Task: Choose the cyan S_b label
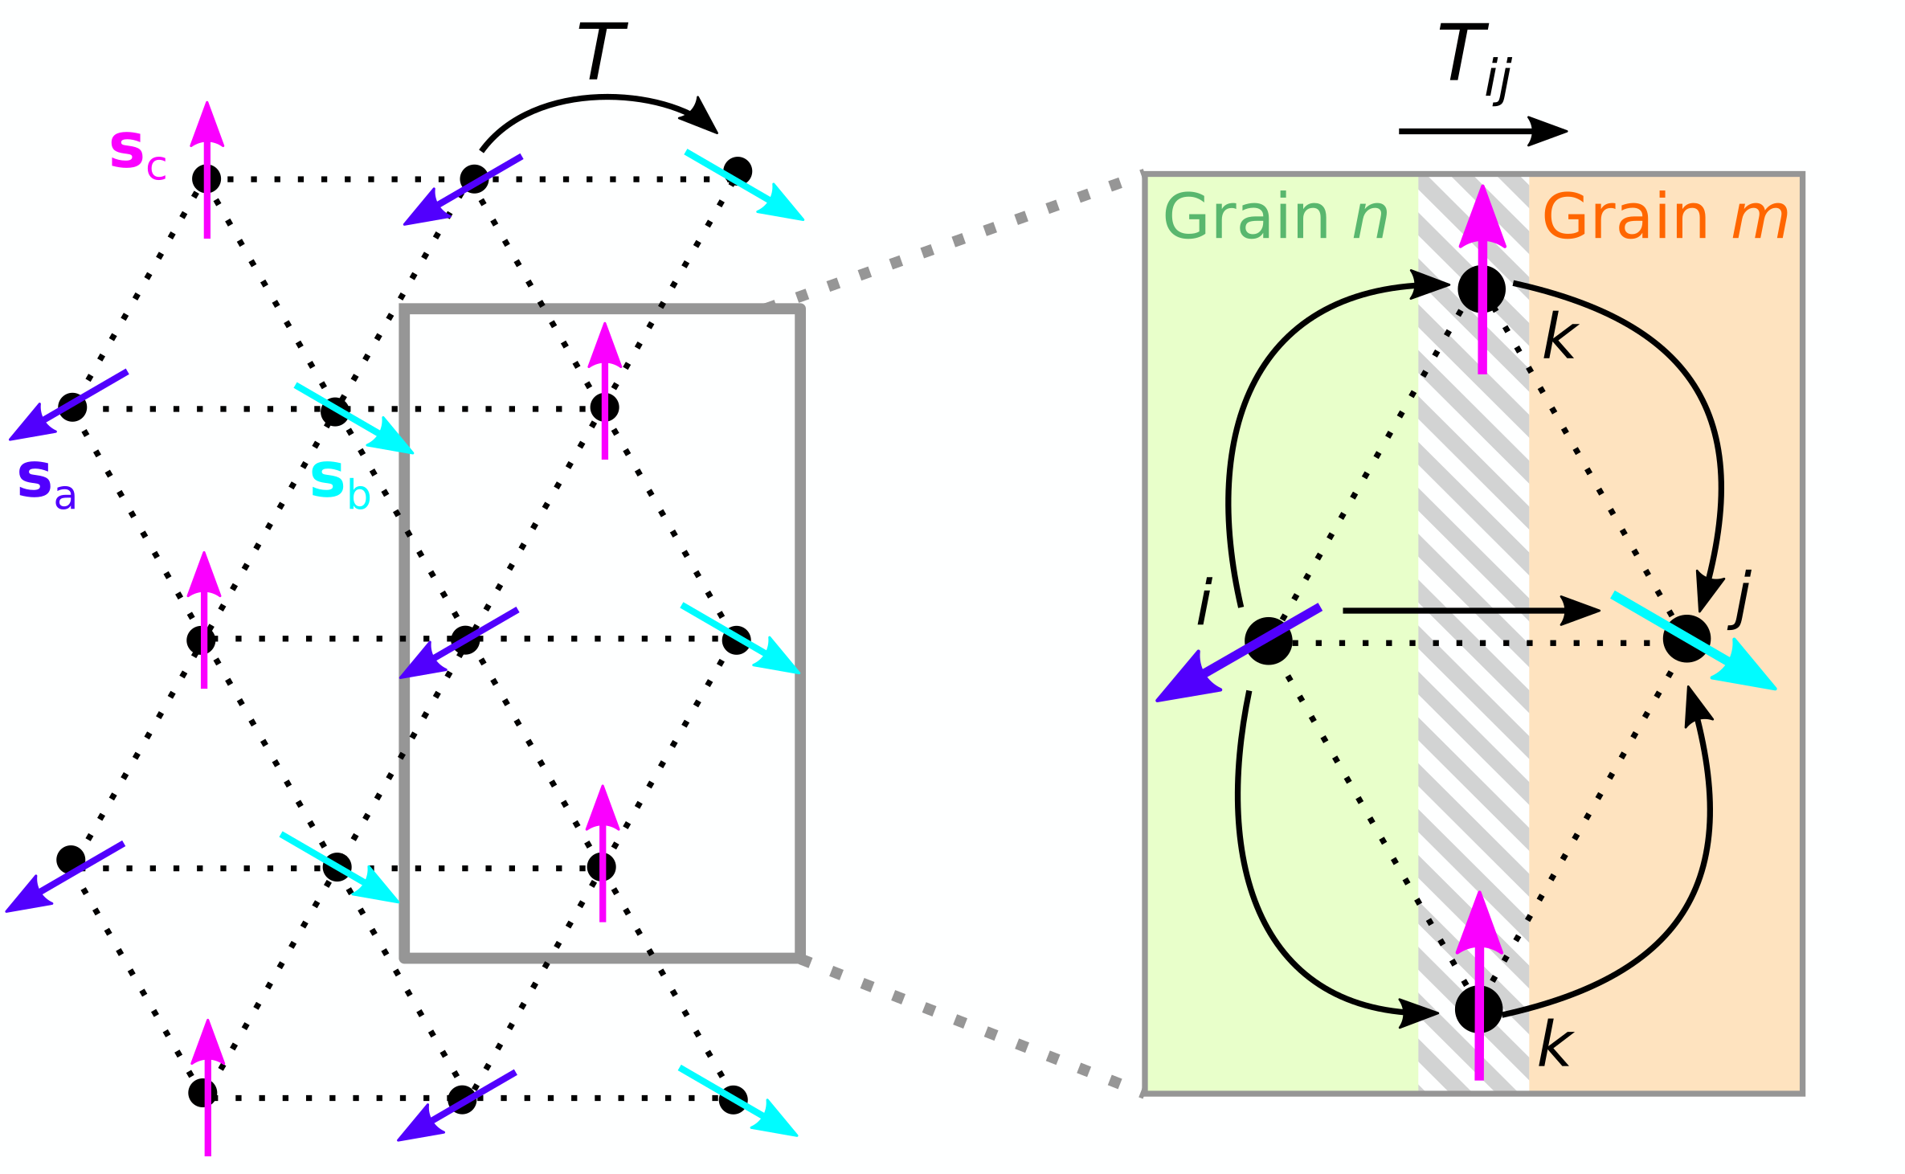(x=340, y=485)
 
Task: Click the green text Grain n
(x=1275, y=218)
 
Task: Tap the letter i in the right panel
(x=1204, y=602)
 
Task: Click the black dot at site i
(x=1268, y=641)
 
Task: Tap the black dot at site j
(x=1686, y=639)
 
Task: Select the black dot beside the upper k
(x=1482, y=288)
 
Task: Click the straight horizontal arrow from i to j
(x=1470, y=611)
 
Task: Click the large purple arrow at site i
(x=1237, y=655)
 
